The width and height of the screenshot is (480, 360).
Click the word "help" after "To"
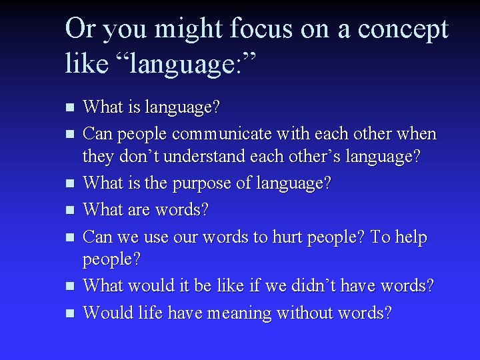click(408, 237)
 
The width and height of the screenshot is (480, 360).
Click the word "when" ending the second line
click(417, 134)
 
